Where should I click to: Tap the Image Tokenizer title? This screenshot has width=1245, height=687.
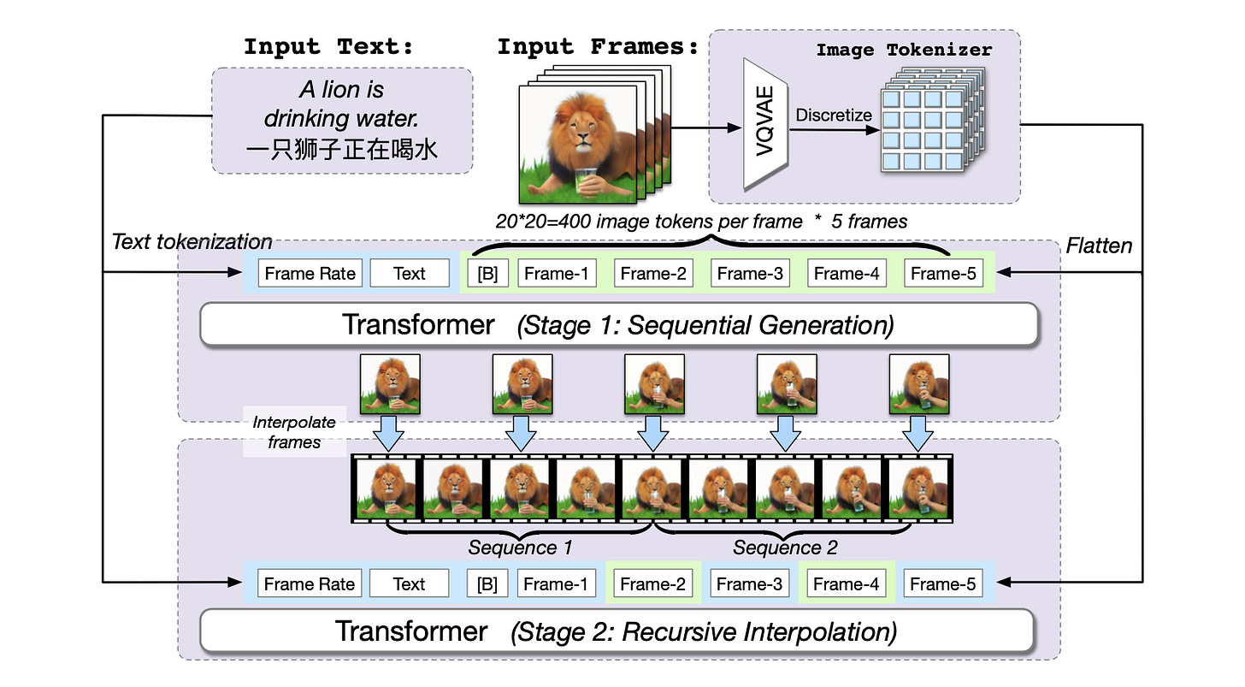[904, 50]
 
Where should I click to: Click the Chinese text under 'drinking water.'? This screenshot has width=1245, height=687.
[342, 151]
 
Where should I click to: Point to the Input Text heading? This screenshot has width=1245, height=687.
[328, 47]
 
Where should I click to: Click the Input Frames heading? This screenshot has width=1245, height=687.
[598, 47]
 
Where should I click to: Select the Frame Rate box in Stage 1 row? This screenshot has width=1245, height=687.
[310, 274]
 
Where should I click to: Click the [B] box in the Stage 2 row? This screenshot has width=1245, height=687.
[487, 584]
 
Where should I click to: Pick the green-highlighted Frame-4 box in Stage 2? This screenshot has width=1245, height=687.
[847, 584]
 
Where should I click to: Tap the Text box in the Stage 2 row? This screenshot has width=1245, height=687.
[409, 584]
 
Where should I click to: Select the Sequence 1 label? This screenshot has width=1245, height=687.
[520, 547]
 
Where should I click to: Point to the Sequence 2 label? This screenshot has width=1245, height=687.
[785, 547]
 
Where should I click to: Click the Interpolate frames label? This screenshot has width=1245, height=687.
[294, 432]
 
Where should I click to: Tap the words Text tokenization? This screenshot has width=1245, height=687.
[192, 242]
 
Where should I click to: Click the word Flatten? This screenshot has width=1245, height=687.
[1099, 246]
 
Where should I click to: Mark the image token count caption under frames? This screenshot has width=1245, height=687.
[701, 221]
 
